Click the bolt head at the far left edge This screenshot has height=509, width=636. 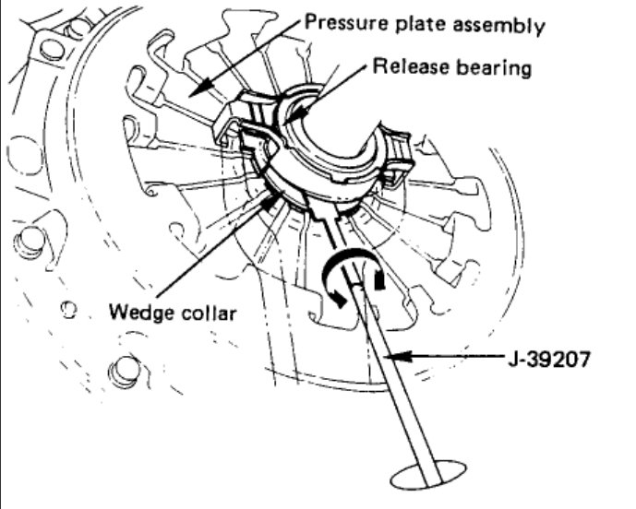coord(30,242)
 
